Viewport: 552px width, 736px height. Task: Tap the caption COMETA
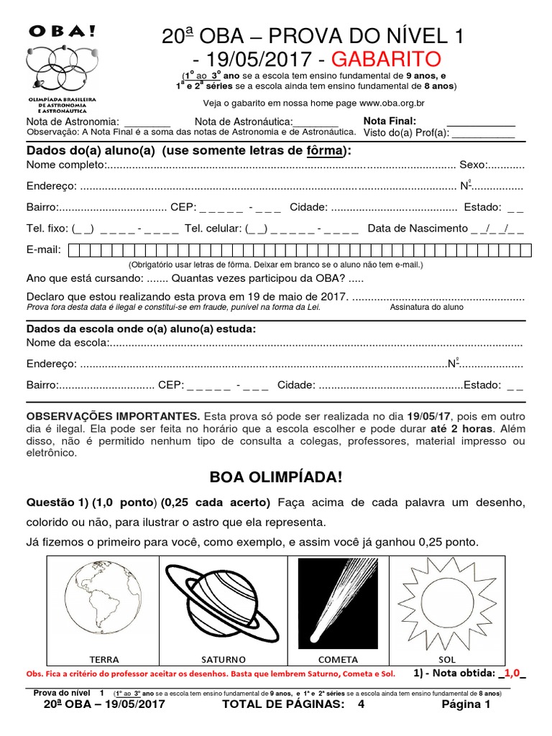pos(338,659)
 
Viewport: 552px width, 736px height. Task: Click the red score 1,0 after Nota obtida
pos(511,673)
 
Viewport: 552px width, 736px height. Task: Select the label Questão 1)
pos(55,501)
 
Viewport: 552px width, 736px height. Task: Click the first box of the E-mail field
pos(74,250)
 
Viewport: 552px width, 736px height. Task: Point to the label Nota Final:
pos(390,121)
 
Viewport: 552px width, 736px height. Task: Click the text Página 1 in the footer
pos(466,705)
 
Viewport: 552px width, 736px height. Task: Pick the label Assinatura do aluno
pos(426,307)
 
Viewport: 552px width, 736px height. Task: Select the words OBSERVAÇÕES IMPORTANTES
pos(114,417)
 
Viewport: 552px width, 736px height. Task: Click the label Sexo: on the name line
pos(473,166)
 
